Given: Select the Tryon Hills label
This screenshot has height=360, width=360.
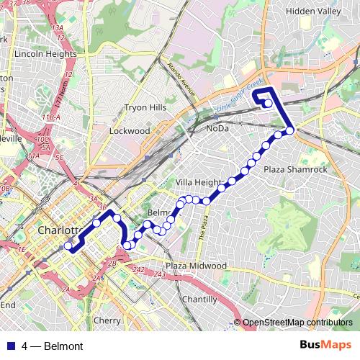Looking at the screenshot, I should [145, 107].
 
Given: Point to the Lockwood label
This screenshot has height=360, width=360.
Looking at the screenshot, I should [130, 131].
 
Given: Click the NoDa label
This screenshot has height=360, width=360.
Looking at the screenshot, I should [217, 128].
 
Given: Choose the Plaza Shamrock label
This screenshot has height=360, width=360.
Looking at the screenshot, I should [295, 169].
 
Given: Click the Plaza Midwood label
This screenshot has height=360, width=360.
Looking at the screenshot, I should [196, 266].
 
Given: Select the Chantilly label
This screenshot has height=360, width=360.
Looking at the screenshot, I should [199, 299].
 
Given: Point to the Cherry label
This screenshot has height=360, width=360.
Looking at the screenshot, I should [107, 320].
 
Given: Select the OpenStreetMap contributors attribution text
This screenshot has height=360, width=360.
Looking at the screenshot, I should [297, 323].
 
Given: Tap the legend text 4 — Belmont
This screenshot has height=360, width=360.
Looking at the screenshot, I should [53, 346].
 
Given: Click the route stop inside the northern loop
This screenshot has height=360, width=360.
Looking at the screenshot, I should [268, 103].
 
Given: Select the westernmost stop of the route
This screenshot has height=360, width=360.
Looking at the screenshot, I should [69, 246].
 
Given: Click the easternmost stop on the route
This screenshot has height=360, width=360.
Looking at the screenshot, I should [290, 130].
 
